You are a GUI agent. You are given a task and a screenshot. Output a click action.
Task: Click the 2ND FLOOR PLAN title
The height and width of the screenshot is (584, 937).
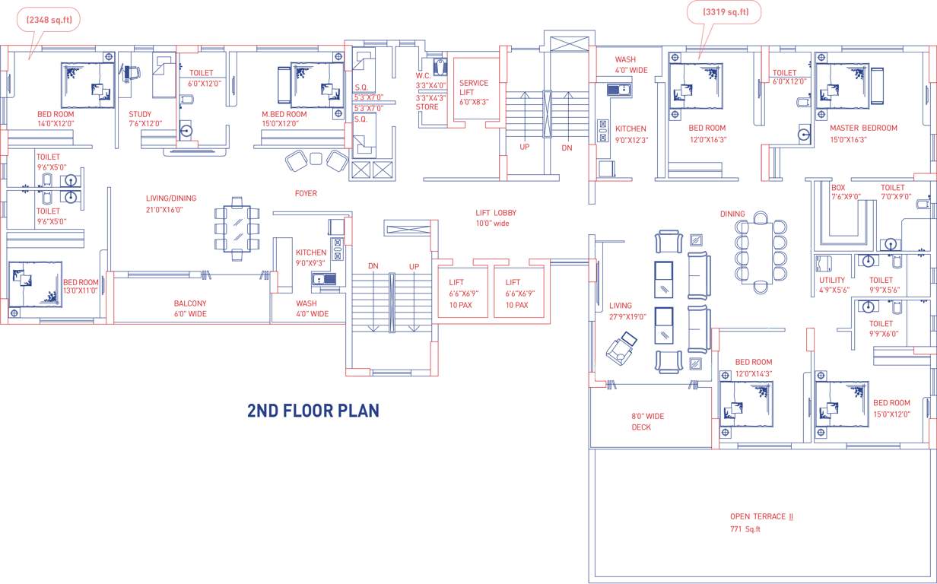pos(313,411)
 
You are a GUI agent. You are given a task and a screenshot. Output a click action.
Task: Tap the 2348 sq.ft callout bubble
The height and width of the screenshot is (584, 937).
pos(49,20)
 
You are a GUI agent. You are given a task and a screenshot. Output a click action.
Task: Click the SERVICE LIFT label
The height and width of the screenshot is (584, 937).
pos(474,87)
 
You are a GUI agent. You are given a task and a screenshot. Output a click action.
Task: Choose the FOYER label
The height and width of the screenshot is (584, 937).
pos(306,193)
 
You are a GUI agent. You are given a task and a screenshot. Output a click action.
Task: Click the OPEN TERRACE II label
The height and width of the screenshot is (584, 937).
pos(761,516)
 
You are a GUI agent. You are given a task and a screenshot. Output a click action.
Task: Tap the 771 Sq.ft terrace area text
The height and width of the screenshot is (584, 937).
pos(745,529)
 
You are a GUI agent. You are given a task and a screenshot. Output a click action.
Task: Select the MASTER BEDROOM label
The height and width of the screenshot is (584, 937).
pos(863,128)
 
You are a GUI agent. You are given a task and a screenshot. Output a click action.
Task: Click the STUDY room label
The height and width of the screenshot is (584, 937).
pos(140,114)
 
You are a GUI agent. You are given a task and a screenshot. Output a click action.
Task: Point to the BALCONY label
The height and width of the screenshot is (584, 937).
pos(189,303)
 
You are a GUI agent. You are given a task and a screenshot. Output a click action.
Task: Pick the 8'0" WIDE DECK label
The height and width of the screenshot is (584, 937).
pos(647,421)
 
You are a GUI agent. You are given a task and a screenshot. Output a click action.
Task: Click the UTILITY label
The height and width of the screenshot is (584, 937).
pos(832,280)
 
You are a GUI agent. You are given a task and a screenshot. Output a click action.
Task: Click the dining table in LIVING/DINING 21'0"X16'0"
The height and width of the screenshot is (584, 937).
pos(237,228)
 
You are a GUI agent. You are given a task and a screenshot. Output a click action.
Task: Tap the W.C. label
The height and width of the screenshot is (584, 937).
pos(424,75)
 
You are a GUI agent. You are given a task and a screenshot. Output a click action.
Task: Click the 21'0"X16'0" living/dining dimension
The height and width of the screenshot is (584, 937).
pos(164,210)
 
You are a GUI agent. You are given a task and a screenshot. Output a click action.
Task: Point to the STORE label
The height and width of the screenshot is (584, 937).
pos(427,107)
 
